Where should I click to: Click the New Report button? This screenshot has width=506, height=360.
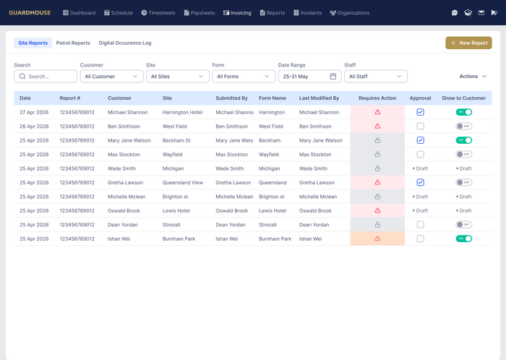point(468,43)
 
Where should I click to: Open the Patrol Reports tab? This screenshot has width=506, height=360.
point(73,43)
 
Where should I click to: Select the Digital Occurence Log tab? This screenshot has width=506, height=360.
point(125,43)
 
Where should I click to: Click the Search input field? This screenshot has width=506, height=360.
point(46,77)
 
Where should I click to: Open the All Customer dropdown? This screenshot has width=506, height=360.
point(111,77)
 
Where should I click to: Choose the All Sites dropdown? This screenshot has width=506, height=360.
point(178,77)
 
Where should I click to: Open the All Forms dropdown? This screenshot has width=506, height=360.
point(244,77)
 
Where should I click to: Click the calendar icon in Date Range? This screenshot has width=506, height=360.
point(333,76)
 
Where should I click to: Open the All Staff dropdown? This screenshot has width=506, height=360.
point(376,77)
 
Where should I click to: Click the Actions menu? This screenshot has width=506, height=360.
point(473,77)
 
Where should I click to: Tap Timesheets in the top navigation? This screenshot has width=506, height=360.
point(158,13)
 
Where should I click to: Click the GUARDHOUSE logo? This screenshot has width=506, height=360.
point(30,13)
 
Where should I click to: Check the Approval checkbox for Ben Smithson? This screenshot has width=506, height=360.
point(420,126)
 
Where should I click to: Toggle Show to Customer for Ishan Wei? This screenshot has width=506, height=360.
point(464,239)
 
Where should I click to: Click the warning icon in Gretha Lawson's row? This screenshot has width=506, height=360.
point(377,182)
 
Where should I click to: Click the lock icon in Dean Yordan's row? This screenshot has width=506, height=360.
point(377,225)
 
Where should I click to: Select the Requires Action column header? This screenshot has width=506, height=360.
point(377,98)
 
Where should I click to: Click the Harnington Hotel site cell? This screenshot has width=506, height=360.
point(182,112)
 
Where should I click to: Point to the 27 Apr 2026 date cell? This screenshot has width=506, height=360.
point(34,112)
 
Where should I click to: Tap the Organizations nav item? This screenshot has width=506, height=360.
point(349,13)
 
